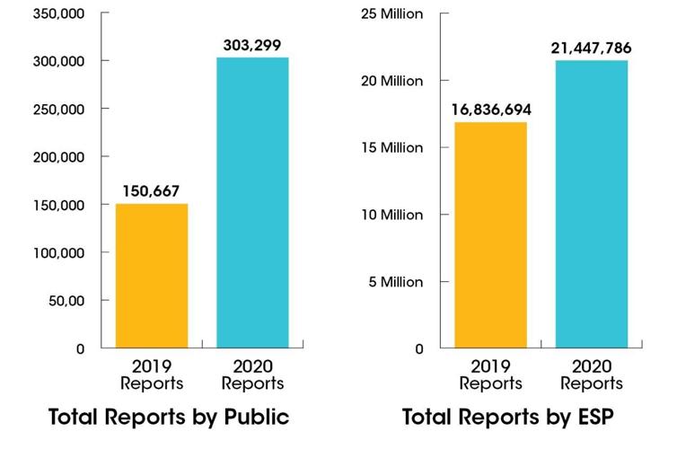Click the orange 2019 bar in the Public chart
pyautogui.click(x=151, y=276)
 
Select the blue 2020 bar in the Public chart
pyautogui.click(x=252, y=203)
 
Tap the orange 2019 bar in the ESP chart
pyautogui.click(x=490, y=235)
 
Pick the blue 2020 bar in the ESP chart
pyautogui.click(x=591, y=204)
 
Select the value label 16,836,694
pyautogui.click(x=490, y=110)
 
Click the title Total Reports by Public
pyautogui.click(x=168, y=418)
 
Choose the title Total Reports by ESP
pyautogui.click(x=507, y=418)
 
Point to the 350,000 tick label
pyautogui.click(x=57, y=13)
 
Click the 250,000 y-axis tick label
pyautogui.click(x=57, y=109)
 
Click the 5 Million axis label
pyautogui.click(x=392, y=282)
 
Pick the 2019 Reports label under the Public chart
pyautogui.click(x=152, y=375)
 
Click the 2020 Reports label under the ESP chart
pyautogui.click(x=592, y=375)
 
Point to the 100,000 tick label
pyautogui.click(x=57, y=252)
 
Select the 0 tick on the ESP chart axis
pyautogui.click(x=419, y=348)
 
